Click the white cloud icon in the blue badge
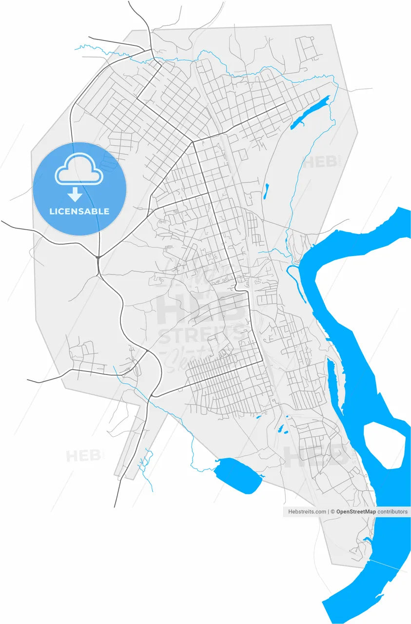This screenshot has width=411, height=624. tap(79, 169)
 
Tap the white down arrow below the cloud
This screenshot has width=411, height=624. tap(75, 195)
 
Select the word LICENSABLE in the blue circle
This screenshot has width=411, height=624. tap(79, 212)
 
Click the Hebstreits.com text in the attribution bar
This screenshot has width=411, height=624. tap(307, 512)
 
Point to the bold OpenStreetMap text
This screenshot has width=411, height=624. tap(356, 512)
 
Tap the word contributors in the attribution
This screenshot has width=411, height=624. tap(392, 512)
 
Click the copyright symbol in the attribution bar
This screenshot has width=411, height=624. tap(333, 512)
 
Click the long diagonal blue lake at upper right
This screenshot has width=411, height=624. tap(309, 113)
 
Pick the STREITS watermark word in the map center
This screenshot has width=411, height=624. tap(201, 335)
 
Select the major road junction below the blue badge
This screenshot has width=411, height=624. tap(98, 257)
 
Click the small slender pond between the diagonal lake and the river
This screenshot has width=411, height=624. tap(266, 191)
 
